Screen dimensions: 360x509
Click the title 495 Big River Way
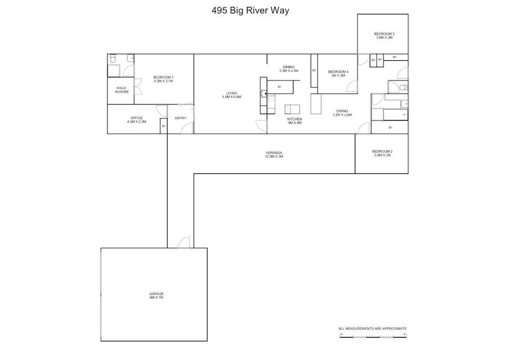pyautogui.click(x=250, y=10)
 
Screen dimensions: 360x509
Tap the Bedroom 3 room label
pyautogui.click(x=384, y=36)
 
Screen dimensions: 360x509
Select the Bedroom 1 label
pyautogui.click(x=163, y=79)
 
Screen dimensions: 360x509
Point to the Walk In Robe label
pyautogui.click(x=121, y=90)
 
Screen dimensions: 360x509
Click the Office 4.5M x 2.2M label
pyautogui.click(x=137, y=120)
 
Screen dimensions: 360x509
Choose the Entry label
pyautogui.click(x=180, y=118)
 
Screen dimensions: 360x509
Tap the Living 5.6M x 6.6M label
pyautogui.click(x=232, y=95)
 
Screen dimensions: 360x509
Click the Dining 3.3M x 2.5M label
pyautogui.click(x=288, y=69)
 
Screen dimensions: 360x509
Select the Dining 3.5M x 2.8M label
pyautogui.click(x=342, y=113)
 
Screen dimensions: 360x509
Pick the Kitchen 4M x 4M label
pyautogui.click(x=295, y=121)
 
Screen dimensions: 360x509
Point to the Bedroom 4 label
pyautogui.click(x=338, y=74)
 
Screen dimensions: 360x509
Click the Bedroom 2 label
pyautogui.click(x=382, y=154)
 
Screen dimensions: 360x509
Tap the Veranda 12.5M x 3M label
pyautogui.click(x=274, y=155)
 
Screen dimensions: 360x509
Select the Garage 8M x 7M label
pyautogui.click(x=156, y=295)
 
